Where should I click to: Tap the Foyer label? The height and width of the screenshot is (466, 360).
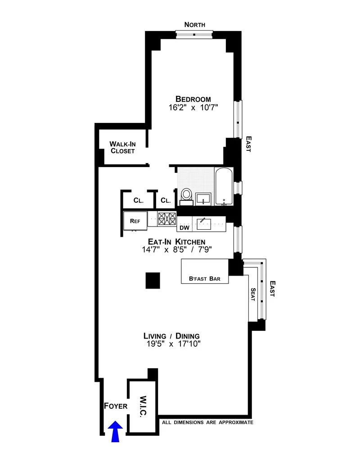115,406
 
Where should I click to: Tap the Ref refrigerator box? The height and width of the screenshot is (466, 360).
133,221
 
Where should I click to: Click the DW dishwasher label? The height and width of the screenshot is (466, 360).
184,228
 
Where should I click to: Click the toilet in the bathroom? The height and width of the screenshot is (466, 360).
186,195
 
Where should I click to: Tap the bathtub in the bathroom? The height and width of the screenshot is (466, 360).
224,186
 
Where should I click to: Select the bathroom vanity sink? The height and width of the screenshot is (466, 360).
205,198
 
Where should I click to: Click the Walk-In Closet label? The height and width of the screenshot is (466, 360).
123,147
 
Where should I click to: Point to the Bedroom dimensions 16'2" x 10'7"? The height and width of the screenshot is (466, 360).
193,109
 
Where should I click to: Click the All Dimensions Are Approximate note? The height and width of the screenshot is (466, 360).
207,423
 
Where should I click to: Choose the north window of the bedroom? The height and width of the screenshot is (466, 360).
194,35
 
